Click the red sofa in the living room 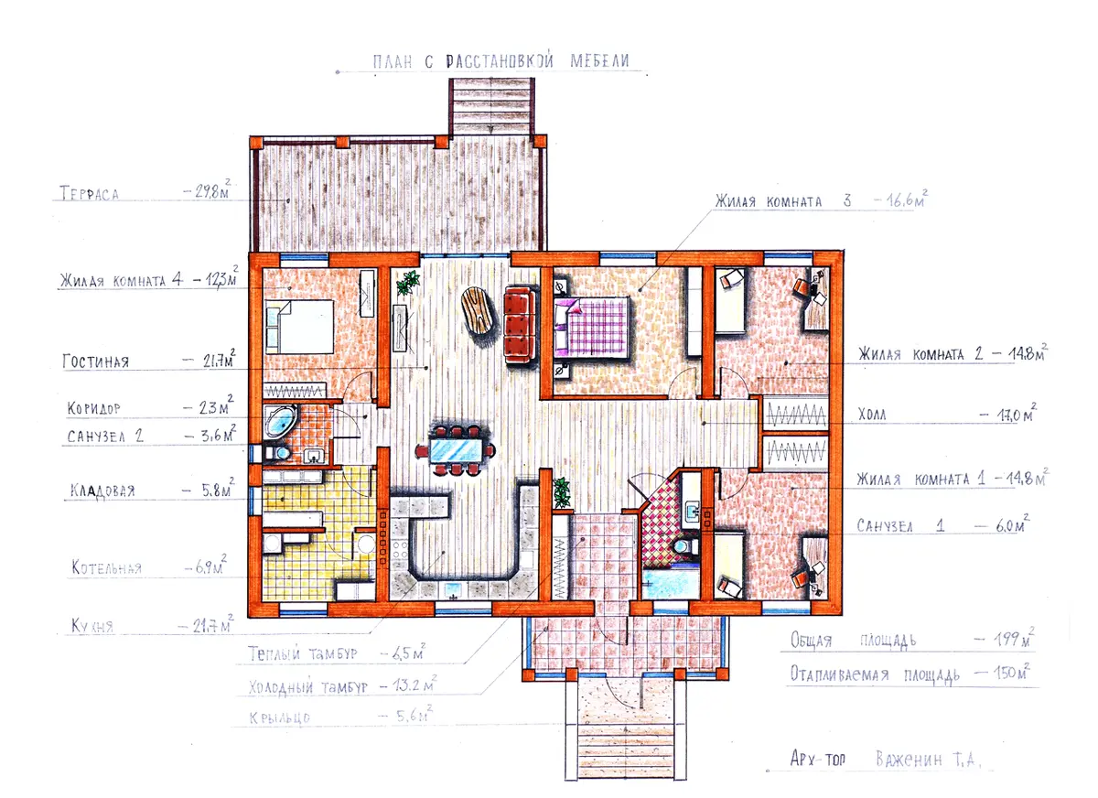[x=519, y=325]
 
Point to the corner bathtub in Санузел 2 [x=280, y=421]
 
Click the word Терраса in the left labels [x=90, y=193]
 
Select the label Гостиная [x=95, y=361]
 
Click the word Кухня [x=92, y=626]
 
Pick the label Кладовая [x=102, y=491]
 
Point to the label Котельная [x=106, y=567]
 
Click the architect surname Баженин [x=909, y=759]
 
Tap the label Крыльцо [x=279, y=718]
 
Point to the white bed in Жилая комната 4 [x=299, y=327]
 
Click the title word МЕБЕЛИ [x=599, y=60]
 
